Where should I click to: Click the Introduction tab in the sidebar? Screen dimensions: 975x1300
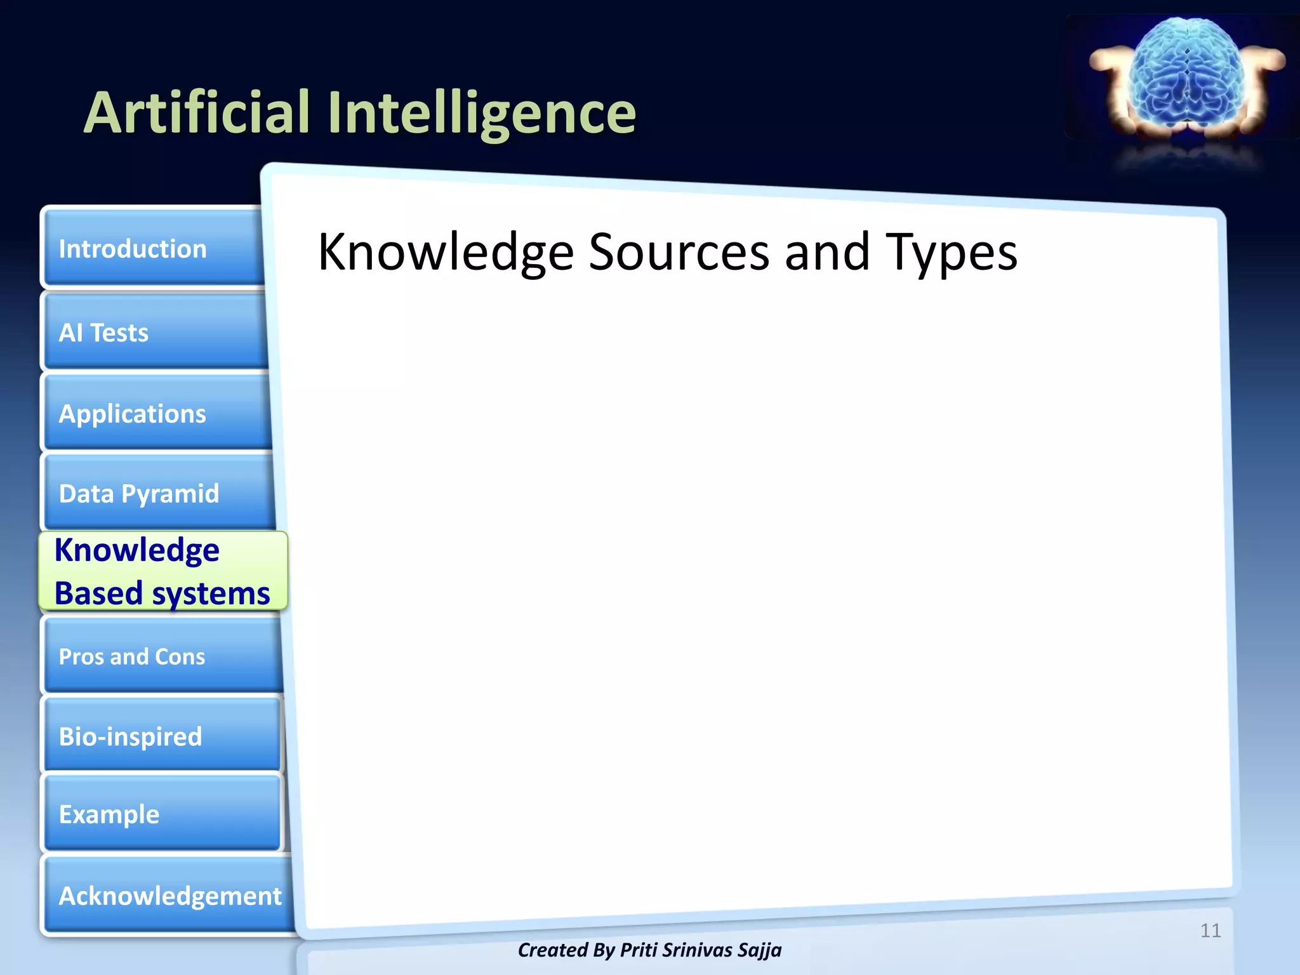tap(152, 249)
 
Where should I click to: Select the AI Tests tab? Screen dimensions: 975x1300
tap(156, 333)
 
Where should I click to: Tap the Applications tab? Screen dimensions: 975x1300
tap(157, 414)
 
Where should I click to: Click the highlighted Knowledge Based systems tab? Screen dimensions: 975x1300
tap(162, 571)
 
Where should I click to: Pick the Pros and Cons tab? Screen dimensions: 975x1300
tap(162, 656)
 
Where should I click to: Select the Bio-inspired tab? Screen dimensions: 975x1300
tap(162, 736)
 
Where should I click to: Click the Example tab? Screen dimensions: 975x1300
tap(162, 814)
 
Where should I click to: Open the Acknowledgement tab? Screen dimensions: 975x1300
tap(169, 896)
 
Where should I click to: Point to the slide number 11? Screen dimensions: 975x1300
tap(1210, 931)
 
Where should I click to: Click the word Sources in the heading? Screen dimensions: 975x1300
tap(679, 252)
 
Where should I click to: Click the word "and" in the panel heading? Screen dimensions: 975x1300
tap(826, 252)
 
